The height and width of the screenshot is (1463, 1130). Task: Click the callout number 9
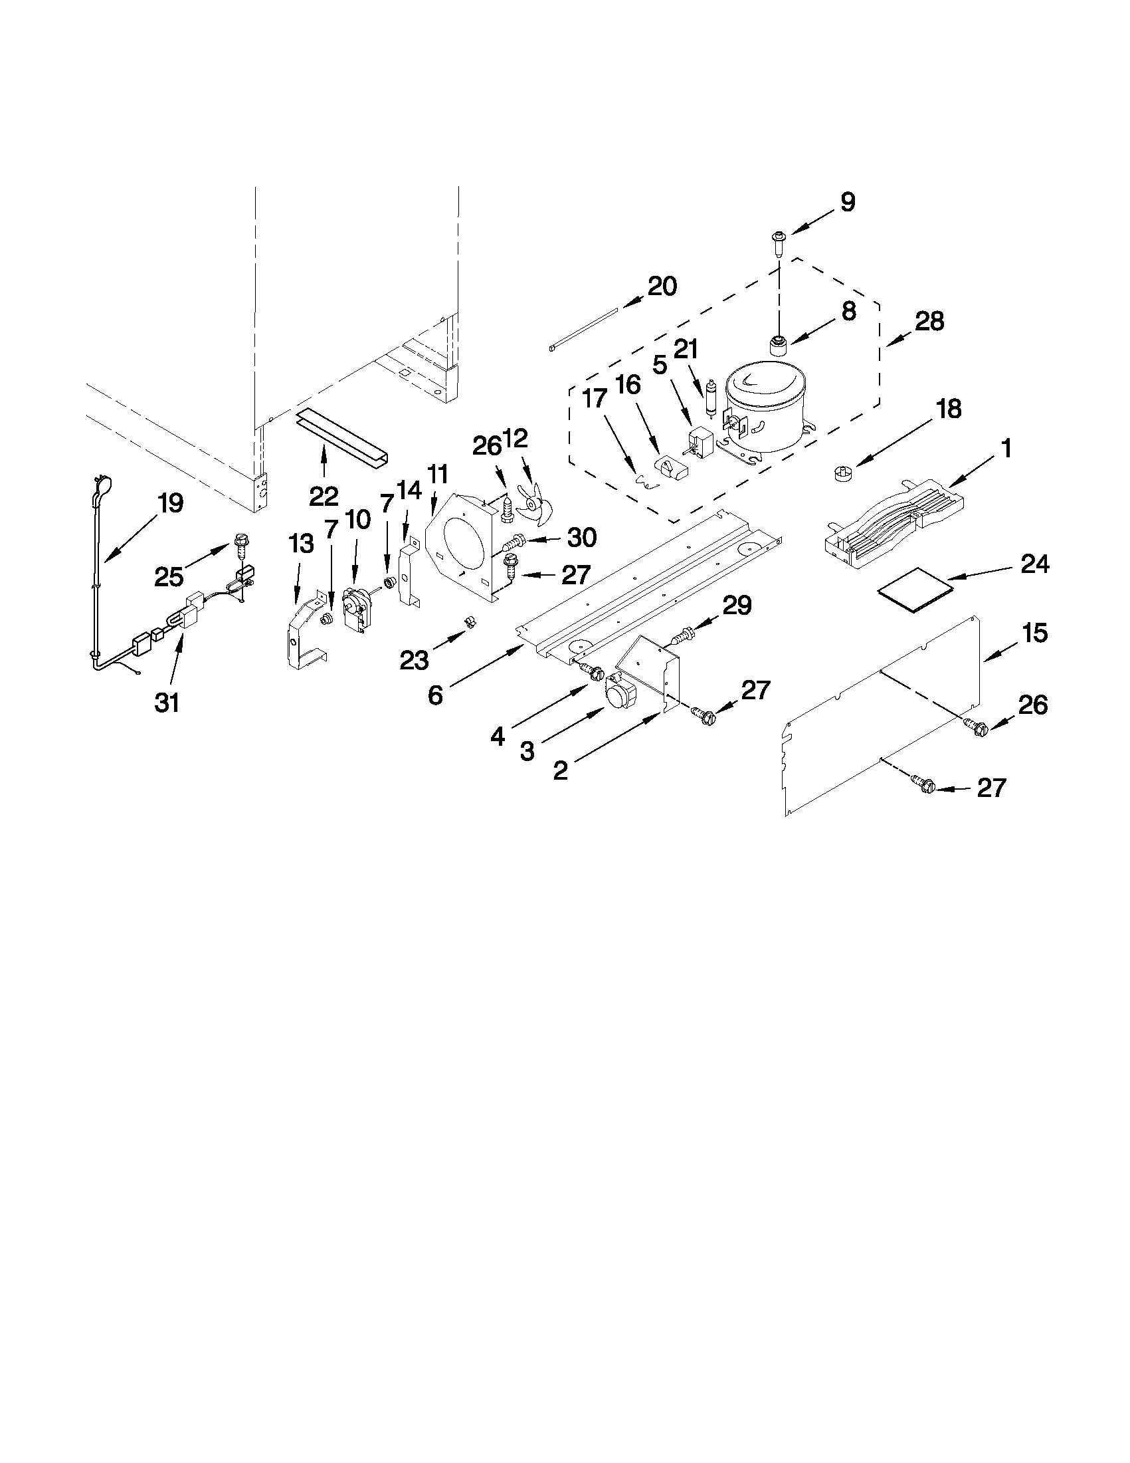click(847, 201)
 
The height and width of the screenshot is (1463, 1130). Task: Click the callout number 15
click(1035, 632)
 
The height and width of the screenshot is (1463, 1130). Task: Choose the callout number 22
click(324, 496)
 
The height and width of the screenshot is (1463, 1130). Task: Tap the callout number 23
click(415, 661)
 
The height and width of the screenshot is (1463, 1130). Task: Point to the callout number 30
click(582, 537)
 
